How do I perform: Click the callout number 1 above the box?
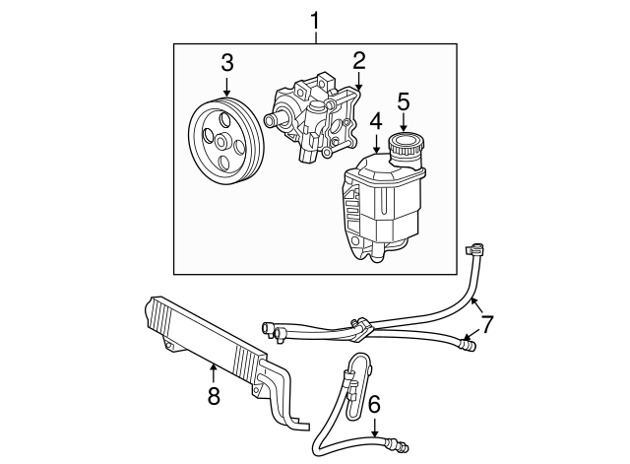pos(315,19)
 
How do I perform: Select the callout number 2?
pos(359,60)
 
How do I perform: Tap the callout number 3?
pos(226,63)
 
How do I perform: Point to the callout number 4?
pos(375,122)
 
